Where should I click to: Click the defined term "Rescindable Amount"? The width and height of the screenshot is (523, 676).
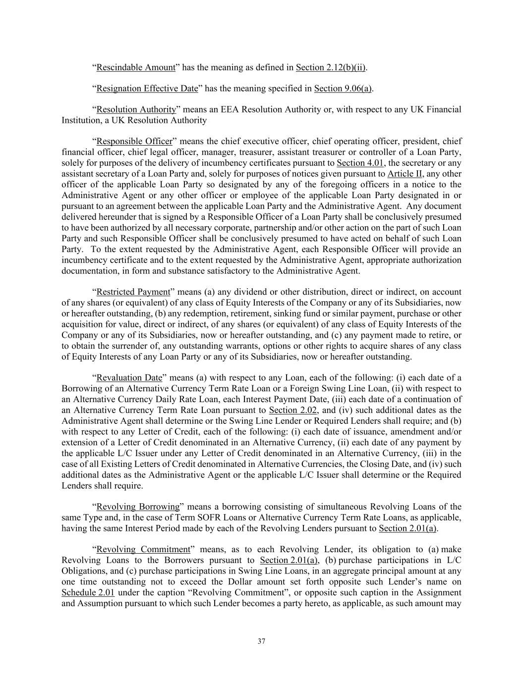pos(136,67)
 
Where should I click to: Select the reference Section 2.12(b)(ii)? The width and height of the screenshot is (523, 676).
pos(331,67)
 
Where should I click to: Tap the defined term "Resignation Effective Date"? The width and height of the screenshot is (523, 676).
pos(147,89)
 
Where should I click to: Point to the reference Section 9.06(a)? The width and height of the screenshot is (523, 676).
pos(343,89)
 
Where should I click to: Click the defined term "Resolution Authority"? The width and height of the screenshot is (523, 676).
pos(136,109)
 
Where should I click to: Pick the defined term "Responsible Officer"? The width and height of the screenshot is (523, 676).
pos(134,141)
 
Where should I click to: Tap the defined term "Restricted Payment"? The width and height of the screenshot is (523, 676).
pos(133,292)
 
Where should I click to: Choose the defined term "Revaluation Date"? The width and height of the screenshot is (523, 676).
pos(129,378)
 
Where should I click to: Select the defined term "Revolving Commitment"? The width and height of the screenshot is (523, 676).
pos(143,549)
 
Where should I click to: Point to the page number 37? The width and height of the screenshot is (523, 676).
pos(262,641)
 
